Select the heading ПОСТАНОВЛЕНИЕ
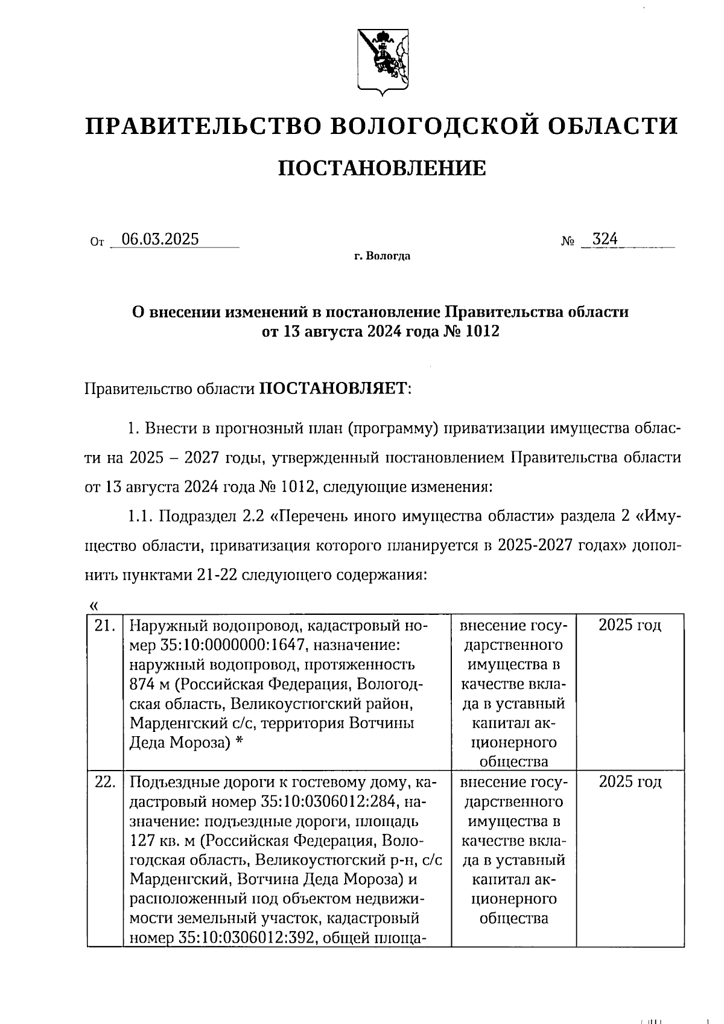click(x=382, y=168)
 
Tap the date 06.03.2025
click(x=160, y=240)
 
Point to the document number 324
click(x=605, y=240)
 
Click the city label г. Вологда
click(x=382, y=256)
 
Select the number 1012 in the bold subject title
click(x=482, y=331)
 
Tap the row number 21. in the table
click(x=105, y=626)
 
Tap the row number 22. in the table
click(x=105, y=783)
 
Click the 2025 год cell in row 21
click(x=630, y=626)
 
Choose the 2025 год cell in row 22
click(x=630, y=783)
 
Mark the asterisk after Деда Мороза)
click(x=240, y=743)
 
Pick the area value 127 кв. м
click(x=162, y=841)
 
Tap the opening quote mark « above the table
click(x=92, y=605)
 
